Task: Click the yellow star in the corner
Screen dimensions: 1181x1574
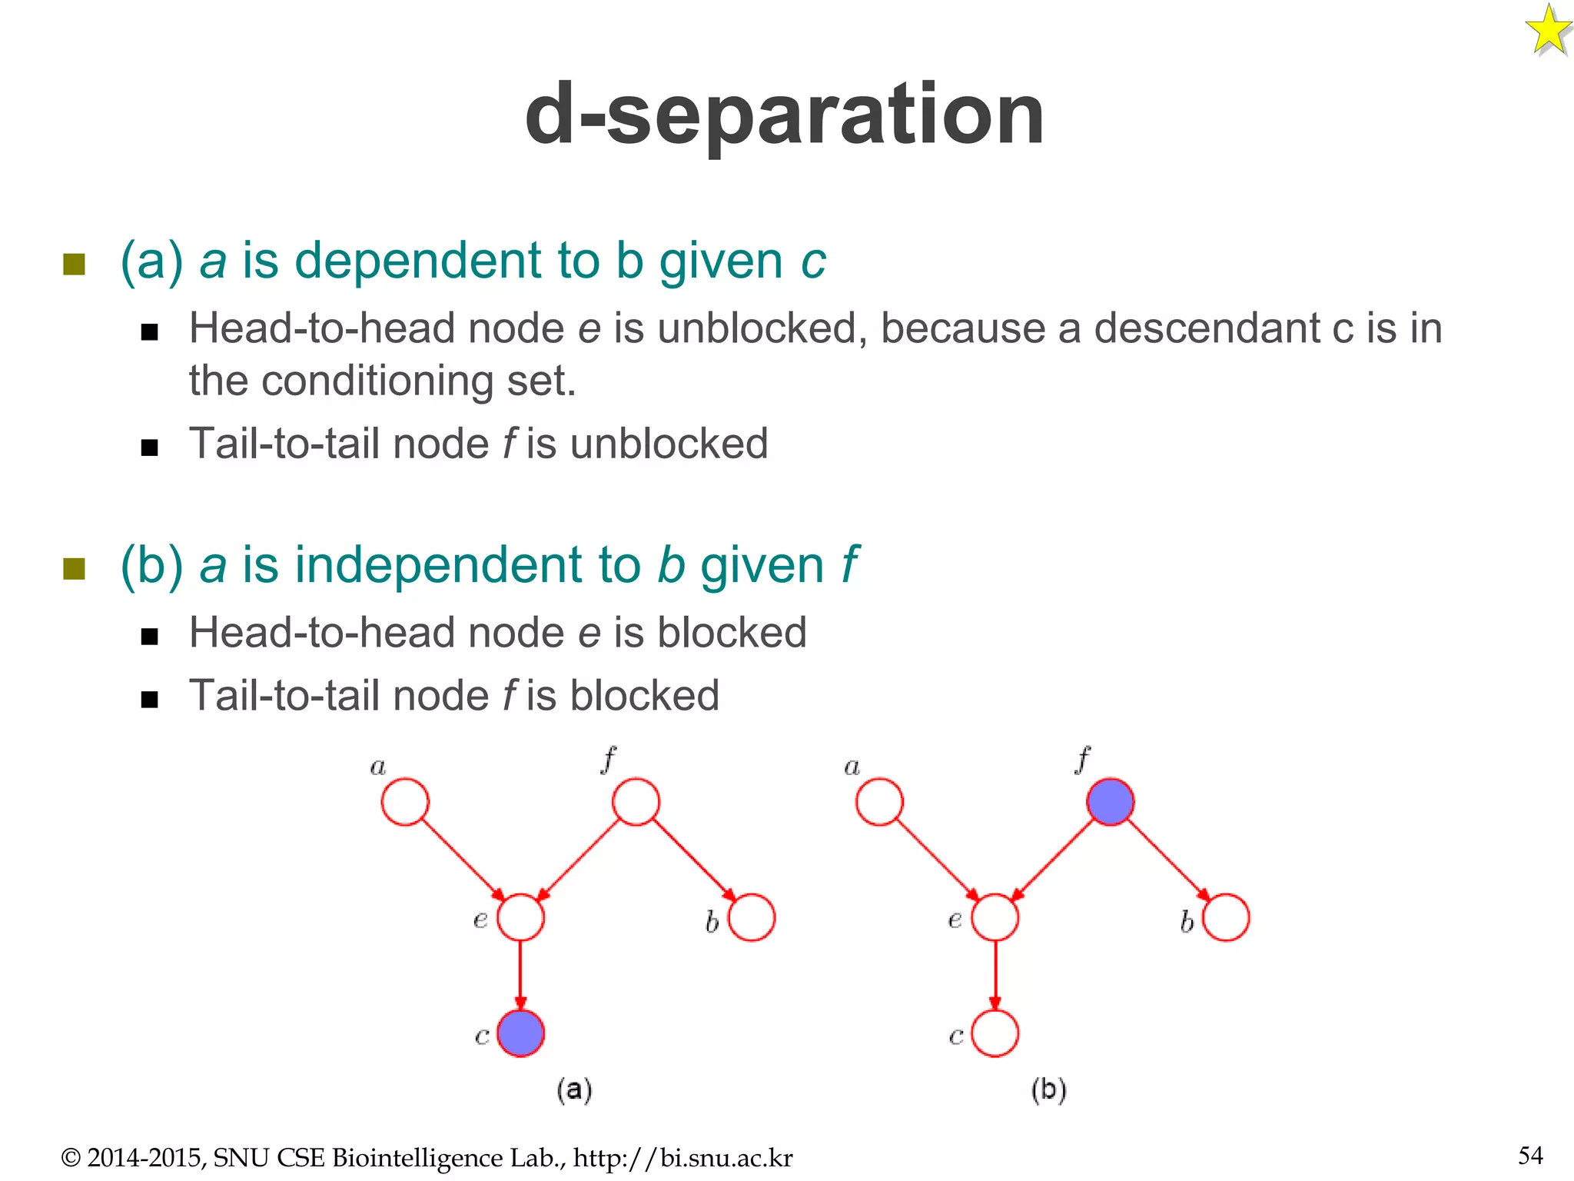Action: pyautogui.click(x=1548, y=31)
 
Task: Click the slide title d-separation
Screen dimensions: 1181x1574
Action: pyautogui.click(x=784, y=115)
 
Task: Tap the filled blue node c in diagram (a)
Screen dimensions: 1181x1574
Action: pyautogui.click(x=520, y=1033)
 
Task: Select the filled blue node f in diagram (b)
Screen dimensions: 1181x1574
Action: pyautogui.click(x=1110, y=802)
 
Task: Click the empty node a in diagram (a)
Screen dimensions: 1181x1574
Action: pyautogui.click(x=405, y=802)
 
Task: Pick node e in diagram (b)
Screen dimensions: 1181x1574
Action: pyautogui.click(x=995, y=917)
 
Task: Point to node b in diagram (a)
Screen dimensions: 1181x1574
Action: pyautogui.click(x=751, y=917)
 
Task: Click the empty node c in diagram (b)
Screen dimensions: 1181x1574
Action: pyautogui.click(x=995, y=1033)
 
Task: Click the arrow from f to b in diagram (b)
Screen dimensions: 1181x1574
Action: pyautogui.click(x=1168, y=860)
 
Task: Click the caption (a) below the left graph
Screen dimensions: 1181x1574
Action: pyautogui.click(x=574, y=1090)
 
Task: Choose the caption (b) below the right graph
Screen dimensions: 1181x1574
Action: pyautogui.click(x=1048, y=1090)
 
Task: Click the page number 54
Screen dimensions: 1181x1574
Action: pyautogui.click(x=1530, y=1155)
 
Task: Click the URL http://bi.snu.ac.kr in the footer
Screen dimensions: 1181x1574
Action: pyautogui.click(x=682, y=1158)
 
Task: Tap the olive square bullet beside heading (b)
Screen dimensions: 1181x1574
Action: pyautogui.click(x=74, y=569)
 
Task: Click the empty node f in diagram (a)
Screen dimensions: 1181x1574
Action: pyautogui.click(x=636, y=802)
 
